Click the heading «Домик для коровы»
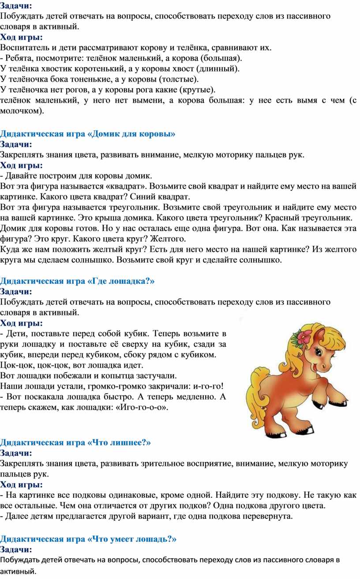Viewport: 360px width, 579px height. pyautogui.click(x=88, y=133)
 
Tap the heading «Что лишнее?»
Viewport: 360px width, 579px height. pyautogui.click(x=75, y=442)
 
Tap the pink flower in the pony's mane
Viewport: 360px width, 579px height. pyautogui.click(x=303, y=338)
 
